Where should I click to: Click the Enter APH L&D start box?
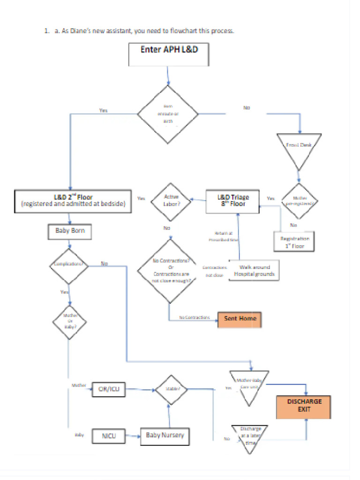coord(169,54)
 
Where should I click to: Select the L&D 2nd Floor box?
coord(73,201)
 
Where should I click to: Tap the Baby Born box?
coord(70,231)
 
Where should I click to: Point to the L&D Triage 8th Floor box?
coord(232,201)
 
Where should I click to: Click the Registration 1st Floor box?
coord(294,241)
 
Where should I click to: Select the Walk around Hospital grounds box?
coord(254,270)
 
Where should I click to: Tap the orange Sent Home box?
coord(240,319)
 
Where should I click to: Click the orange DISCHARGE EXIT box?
coord(304,405)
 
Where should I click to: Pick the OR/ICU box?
coord(108,389)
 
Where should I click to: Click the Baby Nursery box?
coord(165,435)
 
